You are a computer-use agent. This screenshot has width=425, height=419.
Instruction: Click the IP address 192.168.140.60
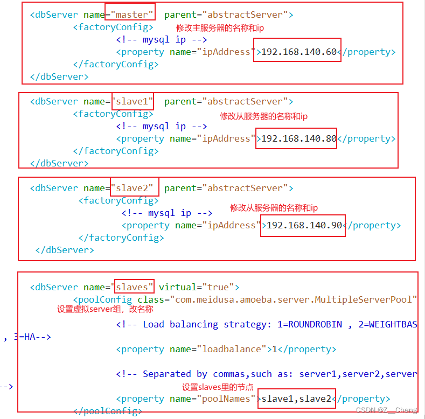298,52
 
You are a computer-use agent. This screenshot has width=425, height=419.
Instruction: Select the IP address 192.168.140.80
298,138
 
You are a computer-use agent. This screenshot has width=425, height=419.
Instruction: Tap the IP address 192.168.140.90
304,225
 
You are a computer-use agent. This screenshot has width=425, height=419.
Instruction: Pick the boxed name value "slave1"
131,101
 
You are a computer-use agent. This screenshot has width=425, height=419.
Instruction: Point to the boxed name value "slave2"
134,188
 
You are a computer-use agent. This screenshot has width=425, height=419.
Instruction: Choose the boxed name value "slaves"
135,287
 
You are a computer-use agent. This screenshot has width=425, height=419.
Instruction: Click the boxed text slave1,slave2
296,399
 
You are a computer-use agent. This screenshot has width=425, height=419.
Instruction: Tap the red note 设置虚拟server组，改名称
105,310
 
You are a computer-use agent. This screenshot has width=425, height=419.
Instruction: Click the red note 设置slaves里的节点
218,387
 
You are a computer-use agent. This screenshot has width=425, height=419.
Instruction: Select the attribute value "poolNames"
226,399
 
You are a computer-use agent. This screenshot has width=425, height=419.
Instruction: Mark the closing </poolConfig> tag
107,411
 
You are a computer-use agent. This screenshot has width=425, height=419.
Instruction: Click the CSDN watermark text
386,410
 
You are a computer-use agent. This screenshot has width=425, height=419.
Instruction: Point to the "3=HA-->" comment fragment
27,337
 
